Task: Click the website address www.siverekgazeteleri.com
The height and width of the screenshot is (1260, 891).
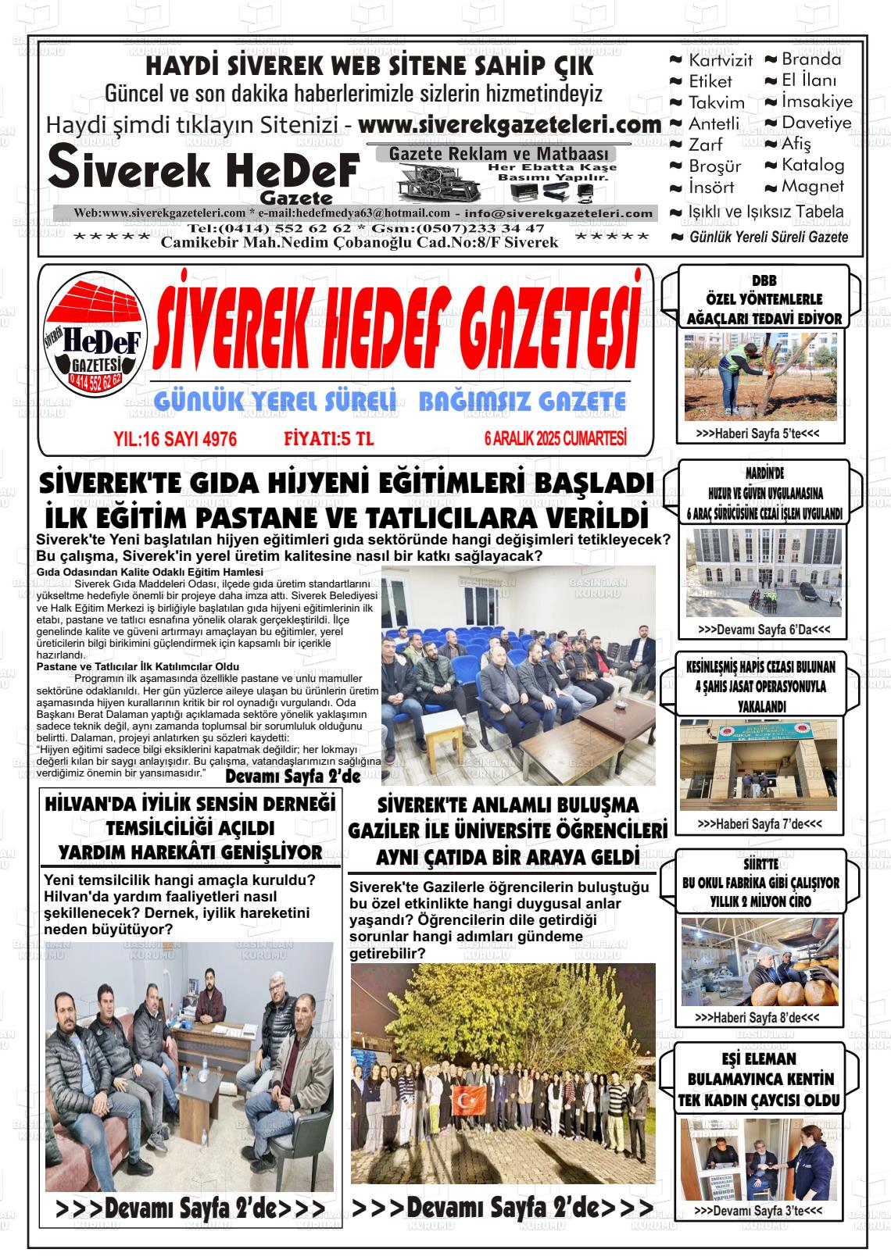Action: [x=510, y=125]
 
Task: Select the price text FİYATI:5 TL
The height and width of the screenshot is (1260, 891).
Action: [x=328, y=439]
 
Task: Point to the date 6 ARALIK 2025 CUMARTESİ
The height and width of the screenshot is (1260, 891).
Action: [x=555, y=439]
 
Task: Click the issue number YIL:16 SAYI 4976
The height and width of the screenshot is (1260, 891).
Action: [x=175, y=439]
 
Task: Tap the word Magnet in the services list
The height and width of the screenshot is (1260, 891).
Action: [x=813, y=187]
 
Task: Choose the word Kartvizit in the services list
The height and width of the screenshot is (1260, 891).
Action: [x=720, y=60]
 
